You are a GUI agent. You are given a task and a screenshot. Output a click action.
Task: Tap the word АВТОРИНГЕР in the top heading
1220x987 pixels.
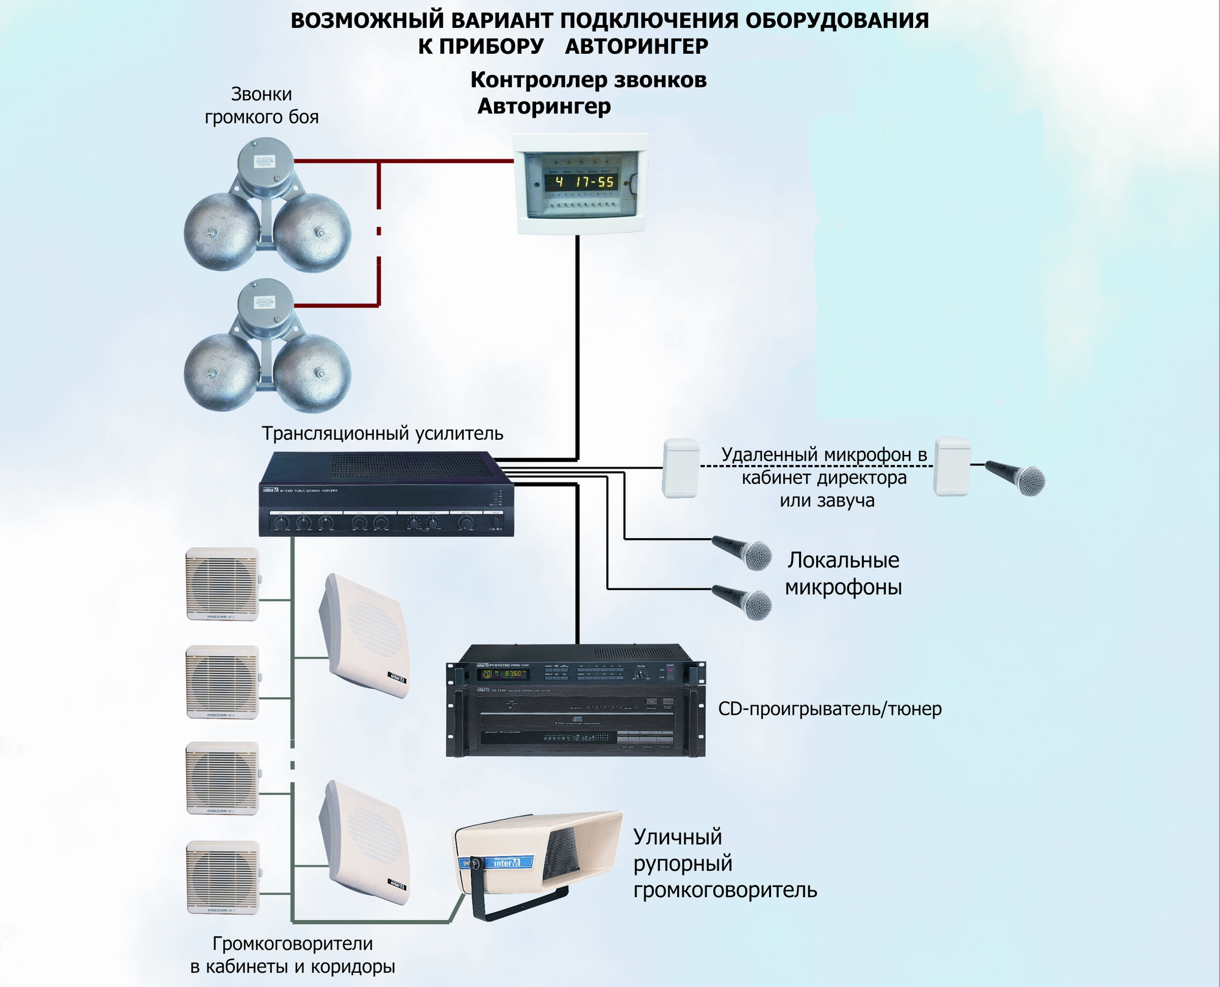(636, 46)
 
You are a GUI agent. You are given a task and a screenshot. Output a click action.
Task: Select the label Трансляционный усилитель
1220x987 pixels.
(382, 433)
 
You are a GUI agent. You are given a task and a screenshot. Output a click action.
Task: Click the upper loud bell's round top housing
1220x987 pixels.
(265, 160)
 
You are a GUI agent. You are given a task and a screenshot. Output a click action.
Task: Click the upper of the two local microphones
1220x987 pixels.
(744, 552)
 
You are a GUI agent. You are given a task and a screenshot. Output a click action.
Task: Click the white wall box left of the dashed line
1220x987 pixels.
(681, 467)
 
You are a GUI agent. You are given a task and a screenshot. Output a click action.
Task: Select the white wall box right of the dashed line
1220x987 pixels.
(952, 466)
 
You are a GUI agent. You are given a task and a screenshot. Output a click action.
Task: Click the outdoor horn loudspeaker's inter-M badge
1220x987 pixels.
(505, 863)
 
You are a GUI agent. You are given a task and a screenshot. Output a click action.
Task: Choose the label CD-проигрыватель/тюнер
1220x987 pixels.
(830, 709)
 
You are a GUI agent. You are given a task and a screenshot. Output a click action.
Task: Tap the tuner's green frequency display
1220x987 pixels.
(503, 673)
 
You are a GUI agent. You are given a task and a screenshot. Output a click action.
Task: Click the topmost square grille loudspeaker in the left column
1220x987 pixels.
(223, 584)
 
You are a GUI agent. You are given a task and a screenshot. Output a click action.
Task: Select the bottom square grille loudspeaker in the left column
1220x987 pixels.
(223, 877)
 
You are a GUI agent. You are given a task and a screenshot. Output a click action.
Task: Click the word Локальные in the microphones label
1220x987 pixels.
(843, 560)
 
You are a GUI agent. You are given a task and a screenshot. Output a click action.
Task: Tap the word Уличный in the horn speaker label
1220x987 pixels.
(677, 837)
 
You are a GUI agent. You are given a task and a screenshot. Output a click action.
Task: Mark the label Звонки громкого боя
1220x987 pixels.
(262, 106)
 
